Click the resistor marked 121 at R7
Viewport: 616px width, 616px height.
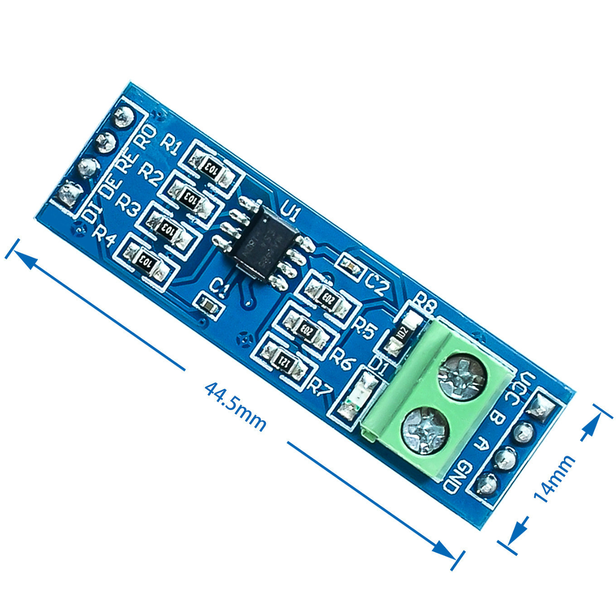tap(284, 360)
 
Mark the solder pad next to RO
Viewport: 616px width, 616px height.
tap(122, 118)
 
